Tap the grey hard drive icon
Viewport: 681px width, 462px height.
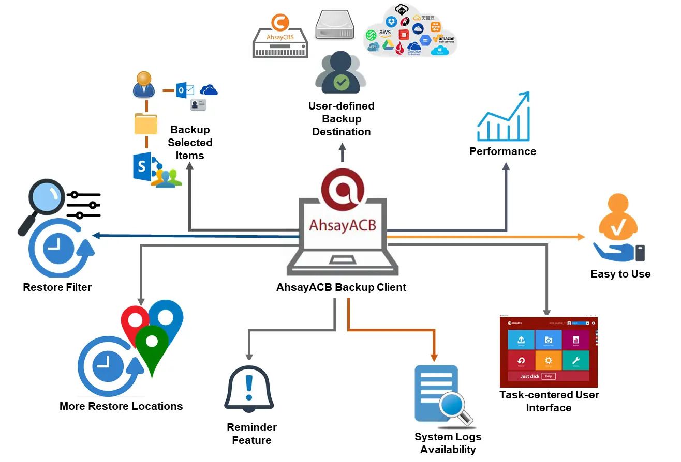pyautogui.click(x=335, y=25)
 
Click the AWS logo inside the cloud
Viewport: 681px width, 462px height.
pyautogui.click(x=384, y=33)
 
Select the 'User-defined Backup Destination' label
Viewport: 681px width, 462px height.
pyautogui.click(x=341, y=119)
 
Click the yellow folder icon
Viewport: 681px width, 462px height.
pyautogui.click(x=146, y=124)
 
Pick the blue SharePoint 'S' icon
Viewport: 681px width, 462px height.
pyautogui.click(x=142, y=166)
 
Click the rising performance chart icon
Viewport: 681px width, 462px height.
pyautogui.click(x=504, y=117)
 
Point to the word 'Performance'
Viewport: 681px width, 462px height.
pyautogui.click(x=502, y=151)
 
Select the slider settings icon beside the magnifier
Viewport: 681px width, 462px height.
pyautogui.click(x=84, y=205)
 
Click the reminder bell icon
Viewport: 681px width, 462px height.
pyautogui.click(x=249, y=388)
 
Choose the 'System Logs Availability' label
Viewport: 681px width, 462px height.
pyautogui.click(x=448, y=443)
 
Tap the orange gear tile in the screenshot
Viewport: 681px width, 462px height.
pyautogui.click(x=549, y=360)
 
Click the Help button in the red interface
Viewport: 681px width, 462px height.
pyautogui.click(x=549, y=376)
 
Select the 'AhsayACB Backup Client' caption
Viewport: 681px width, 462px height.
pyautogui.click(x=341, y=287)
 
